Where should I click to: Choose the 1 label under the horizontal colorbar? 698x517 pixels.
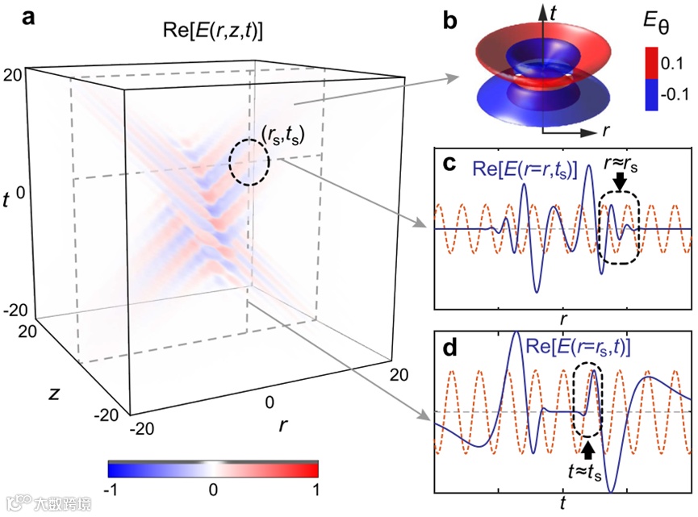pyautogui.click(x=316, y=490)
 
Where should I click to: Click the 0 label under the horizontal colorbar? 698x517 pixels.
pyautogui.click(x=212, y=490)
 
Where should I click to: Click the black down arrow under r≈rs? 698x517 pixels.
pyautogui.click(x=620, y=186)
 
